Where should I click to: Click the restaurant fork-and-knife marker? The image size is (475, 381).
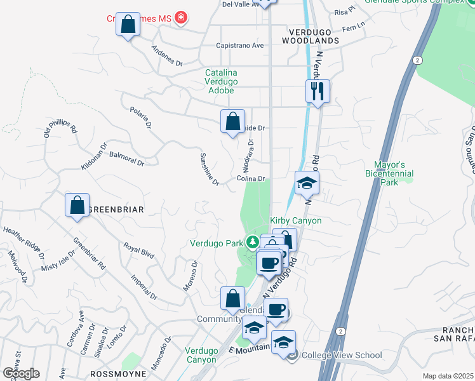[318, 91]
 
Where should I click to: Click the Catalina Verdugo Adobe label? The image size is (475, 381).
[221, 82]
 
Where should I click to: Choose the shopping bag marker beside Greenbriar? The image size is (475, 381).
[77, 204]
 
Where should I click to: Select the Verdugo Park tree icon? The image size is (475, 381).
[252, 242]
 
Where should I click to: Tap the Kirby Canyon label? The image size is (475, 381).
[296, 220]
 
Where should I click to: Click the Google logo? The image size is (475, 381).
[20, 373]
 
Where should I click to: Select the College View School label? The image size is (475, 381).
[342, 356]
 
